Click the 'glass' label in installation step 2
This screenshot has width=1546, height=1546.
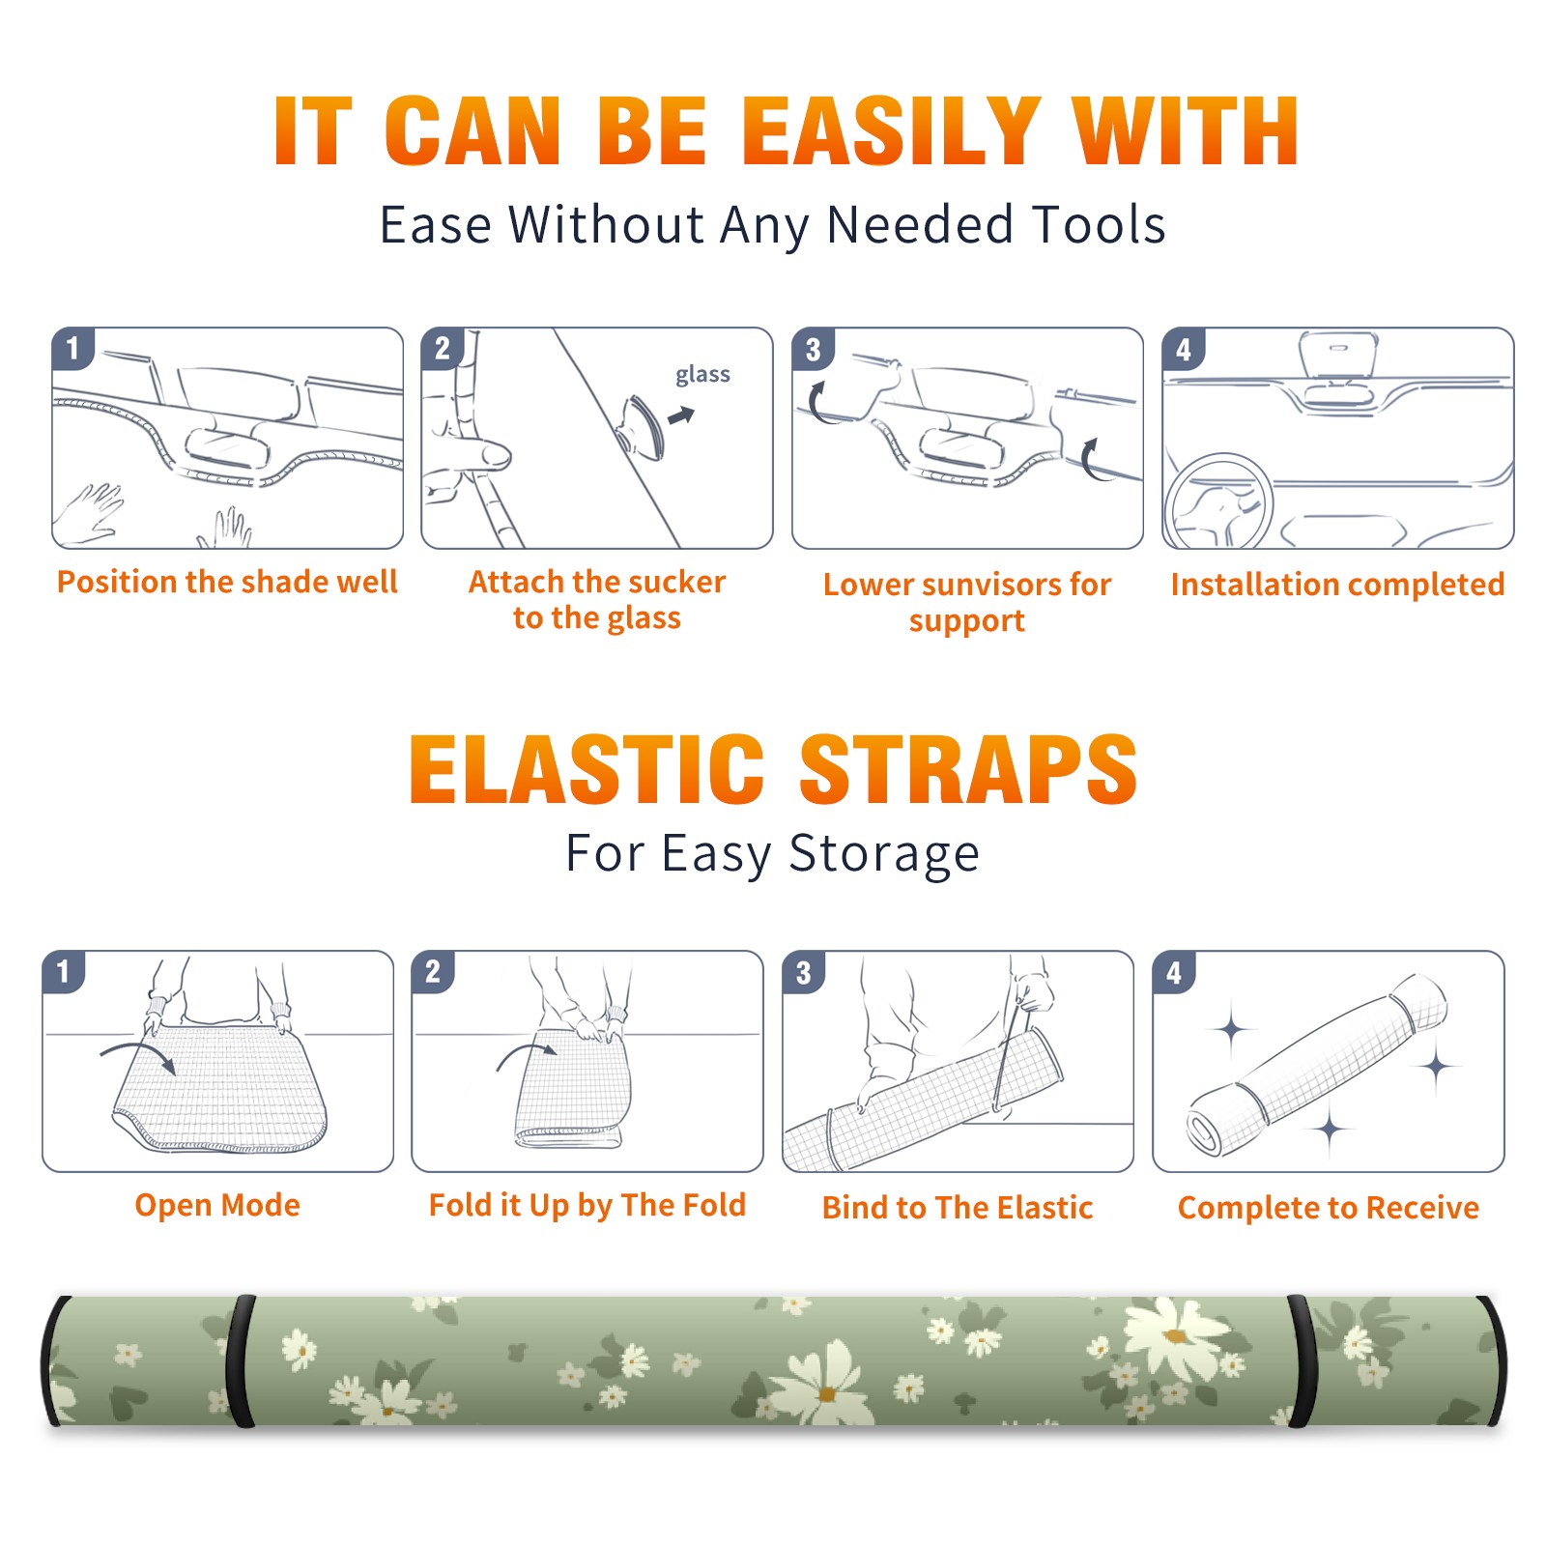click(x=702, y=375)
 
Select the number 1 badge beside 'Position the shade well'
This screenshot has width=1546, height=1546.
click(x=73, y=348)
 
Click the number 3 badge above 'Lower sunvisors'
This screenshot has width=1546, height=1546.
click(x=813, y=349)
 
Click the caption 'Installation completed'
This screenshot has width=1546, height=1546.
click(x=1337, y=584)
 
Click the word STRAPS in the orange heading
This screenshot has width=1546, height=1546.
click(x=968, y=769)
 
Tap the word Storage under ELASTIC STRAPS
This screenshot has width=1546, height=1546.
click(x=884, y=854)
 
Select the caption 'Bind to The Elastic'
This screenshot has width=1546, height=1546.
click(x=957, y=1207)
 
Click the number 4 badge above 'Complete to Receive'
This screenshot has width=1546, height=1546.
click(x=1174, y=972)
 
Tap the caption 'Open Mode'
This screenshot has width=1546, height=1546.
click(x=217, y=1205)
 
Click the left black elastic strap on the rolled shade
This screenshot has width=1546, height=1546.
click(x=241, y=1360)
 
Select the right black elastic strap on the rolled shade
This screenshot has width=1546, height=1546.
click(x=1302, y=1360)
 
